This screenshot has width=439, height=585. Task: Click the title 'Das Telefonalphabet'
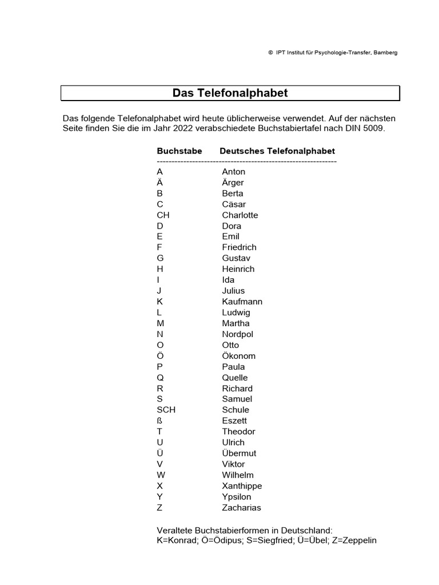230,93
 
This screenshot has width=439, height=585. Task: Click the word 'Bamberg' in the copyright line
385,53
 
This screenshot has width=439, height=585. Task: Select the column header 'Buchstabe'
179,151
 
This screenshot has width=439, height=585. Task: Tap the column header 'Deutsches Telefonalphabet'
277,151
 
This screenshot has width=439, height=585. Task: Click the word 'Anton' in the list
234,172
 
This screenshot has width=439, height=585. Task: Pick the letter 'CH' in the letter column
163,215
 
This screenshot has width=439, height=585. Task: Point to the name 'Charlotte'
240,215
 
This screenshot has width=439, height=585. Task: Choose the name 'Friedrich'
240,247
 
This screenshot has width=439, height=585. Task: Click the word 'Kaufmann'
242,302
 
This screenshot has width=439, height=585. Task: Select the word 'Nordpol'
238,334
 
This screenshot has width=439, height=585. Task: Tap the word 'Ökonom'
239,356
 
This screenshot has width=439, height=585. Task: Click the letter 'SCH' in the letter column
166,410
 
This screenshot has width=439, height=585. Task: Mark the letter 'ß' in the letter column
159,421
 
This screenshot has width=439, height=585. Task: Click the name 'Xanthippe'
242,486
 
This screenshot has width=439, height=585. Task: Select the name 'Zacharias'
241,508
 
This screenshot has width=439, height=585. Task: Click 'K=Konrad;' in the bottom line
177,540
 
